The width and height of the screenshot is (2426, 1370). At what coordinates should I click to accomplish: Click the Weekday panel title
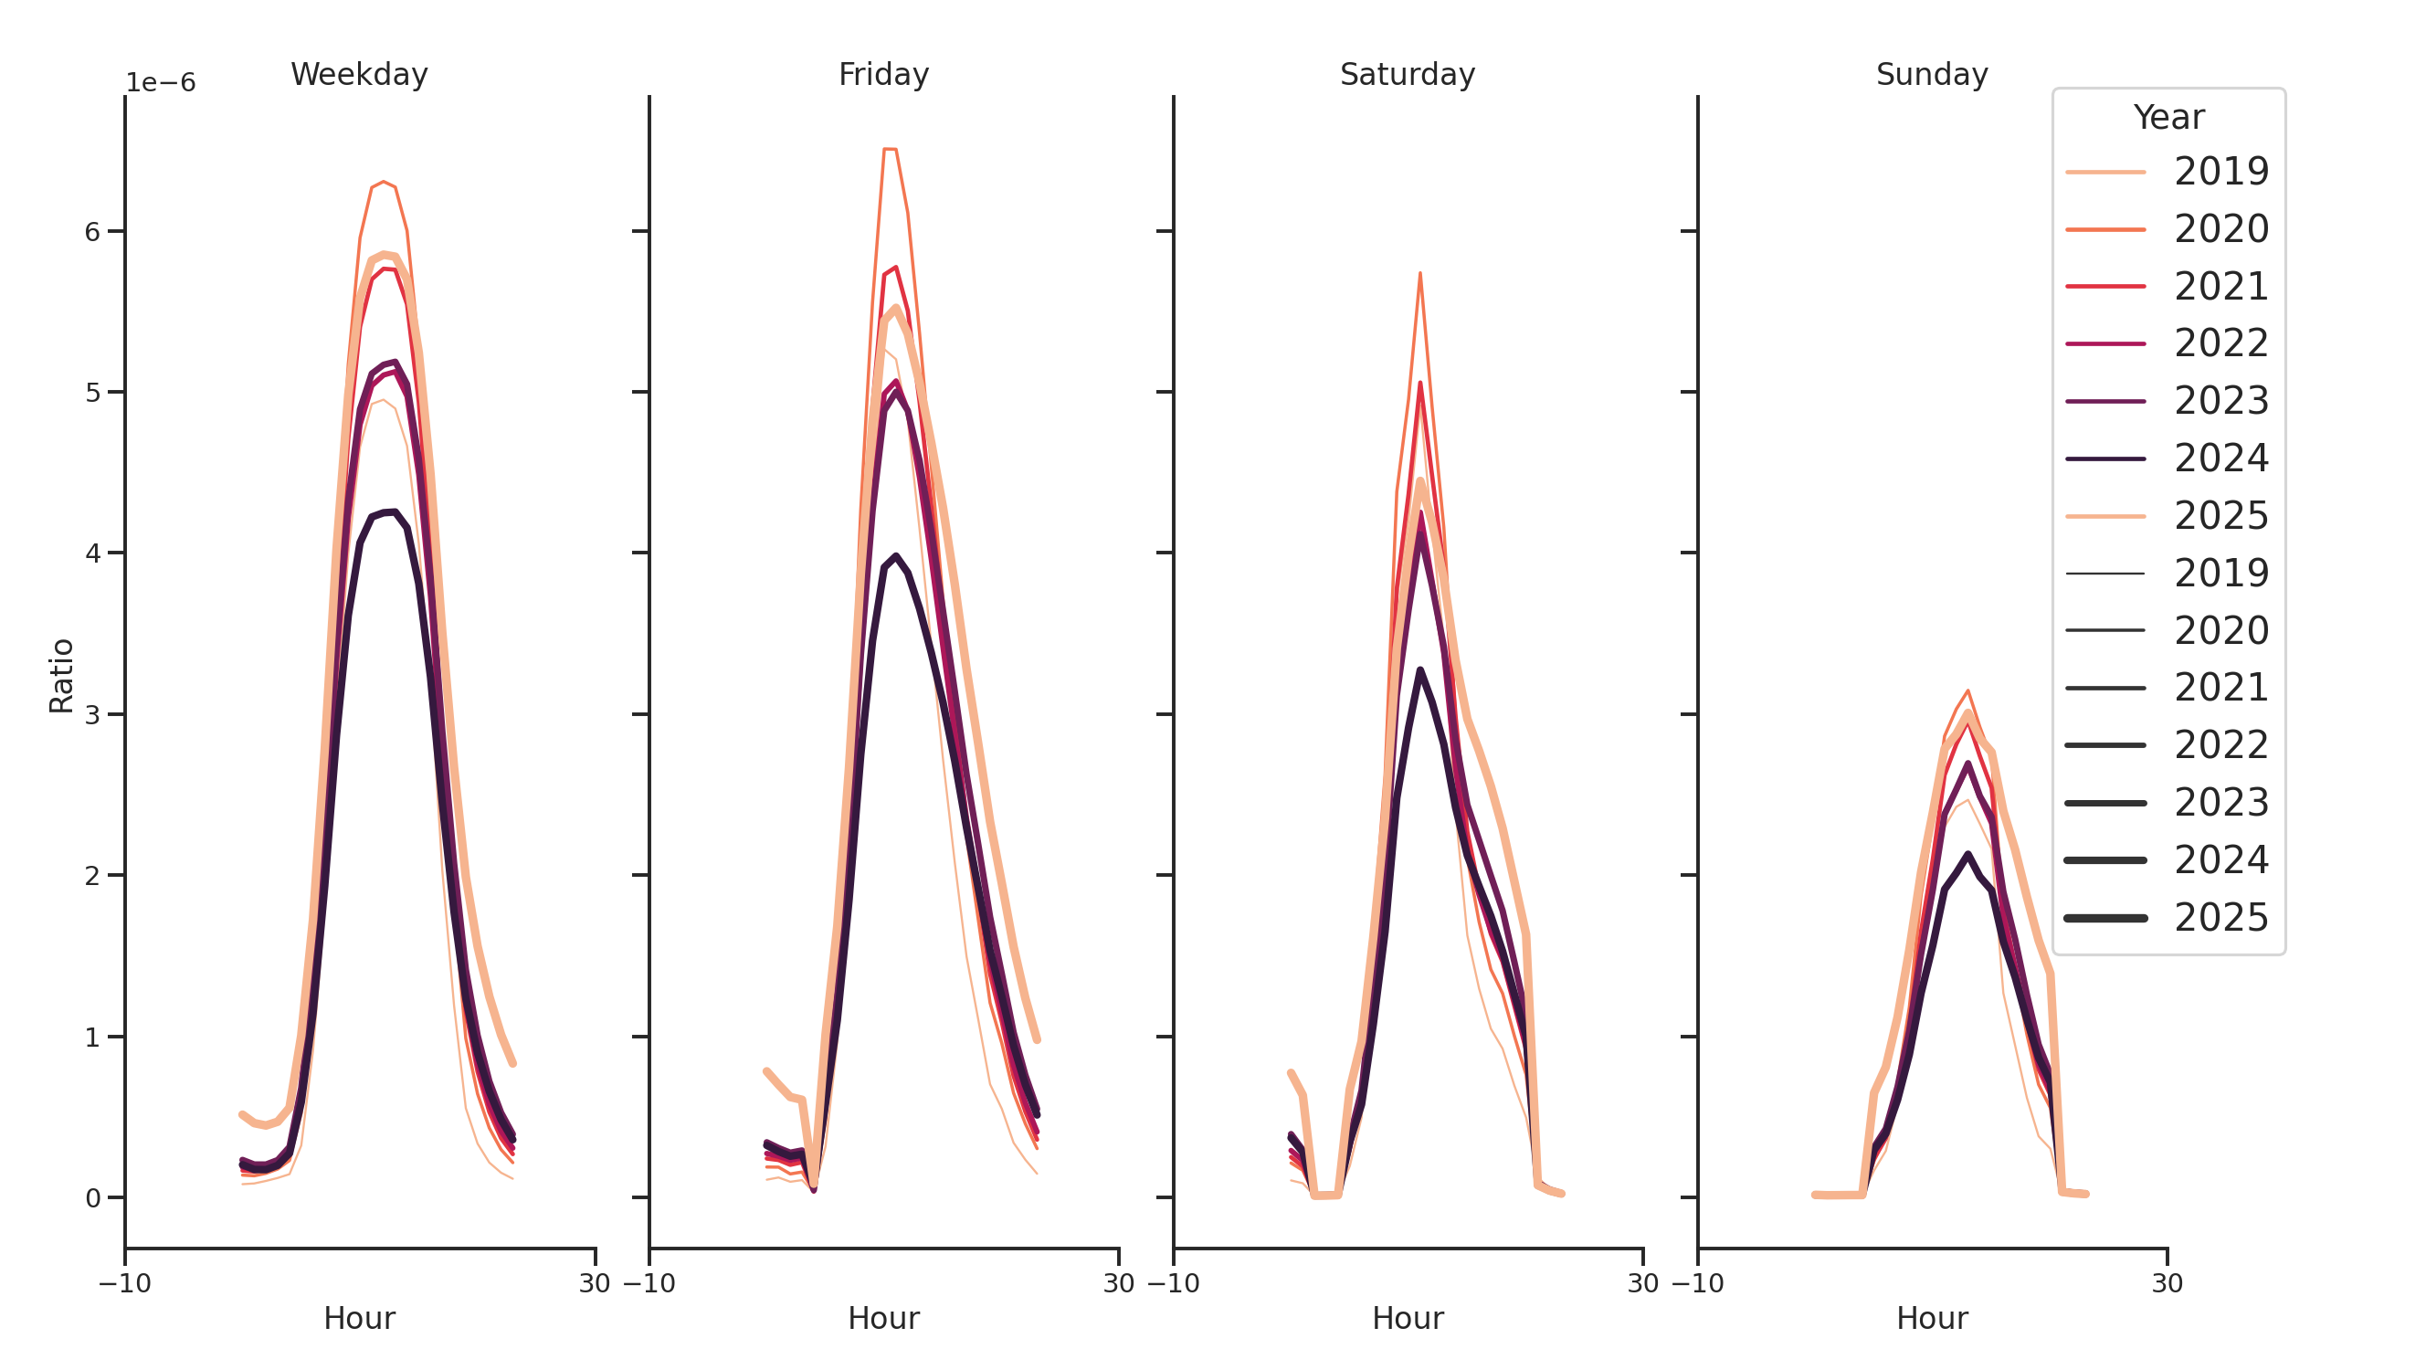(359, 74)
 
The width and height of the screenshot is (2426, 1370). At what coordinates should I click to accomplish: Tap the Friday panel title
(883, 74)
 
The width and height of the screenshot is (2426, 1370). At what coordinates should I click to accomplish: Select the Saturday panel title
(1407, 74)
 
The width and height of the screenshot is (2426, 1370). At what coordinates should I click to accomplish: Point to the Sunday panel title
(1932, 74)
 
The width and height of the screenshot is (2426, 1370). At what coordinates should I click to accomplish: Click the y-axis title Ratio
(61, 675)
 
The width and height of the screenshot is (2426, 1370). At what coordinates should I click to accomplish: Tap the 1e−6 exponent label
(160, 83)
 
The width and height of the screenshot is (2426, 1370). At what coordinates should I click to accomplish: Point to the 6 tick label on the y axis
(92, 232)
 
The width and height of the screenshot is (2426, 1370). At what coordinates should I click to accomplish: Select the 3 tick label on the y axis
(92, 714)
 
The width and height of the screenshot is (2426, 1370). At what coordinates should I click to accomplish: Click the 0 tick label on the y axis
(92, 1198)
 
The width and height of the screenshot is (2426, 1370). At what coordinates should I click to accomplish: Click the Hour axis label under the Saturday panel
(1407, 1318)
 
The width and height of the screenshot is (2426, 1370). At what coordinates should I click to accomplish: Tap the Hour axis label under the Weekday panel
(359, 1318)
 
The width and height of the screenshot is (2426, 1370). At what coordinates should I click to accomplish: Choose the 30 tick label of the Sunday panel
(2167, 1283)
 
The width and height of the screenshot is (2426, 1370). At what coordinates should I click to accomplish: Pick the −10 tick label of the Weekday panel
(124, 1283)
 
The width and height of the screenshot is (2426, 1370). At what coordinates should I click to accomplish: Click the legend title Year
(2168, 118)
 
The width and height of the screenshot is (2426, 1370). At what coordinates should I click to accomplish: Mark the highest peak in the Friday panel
(890, 149)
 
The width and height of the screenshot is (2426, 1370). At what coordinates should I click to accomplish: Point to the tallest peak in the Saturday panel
(1419, 274)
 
